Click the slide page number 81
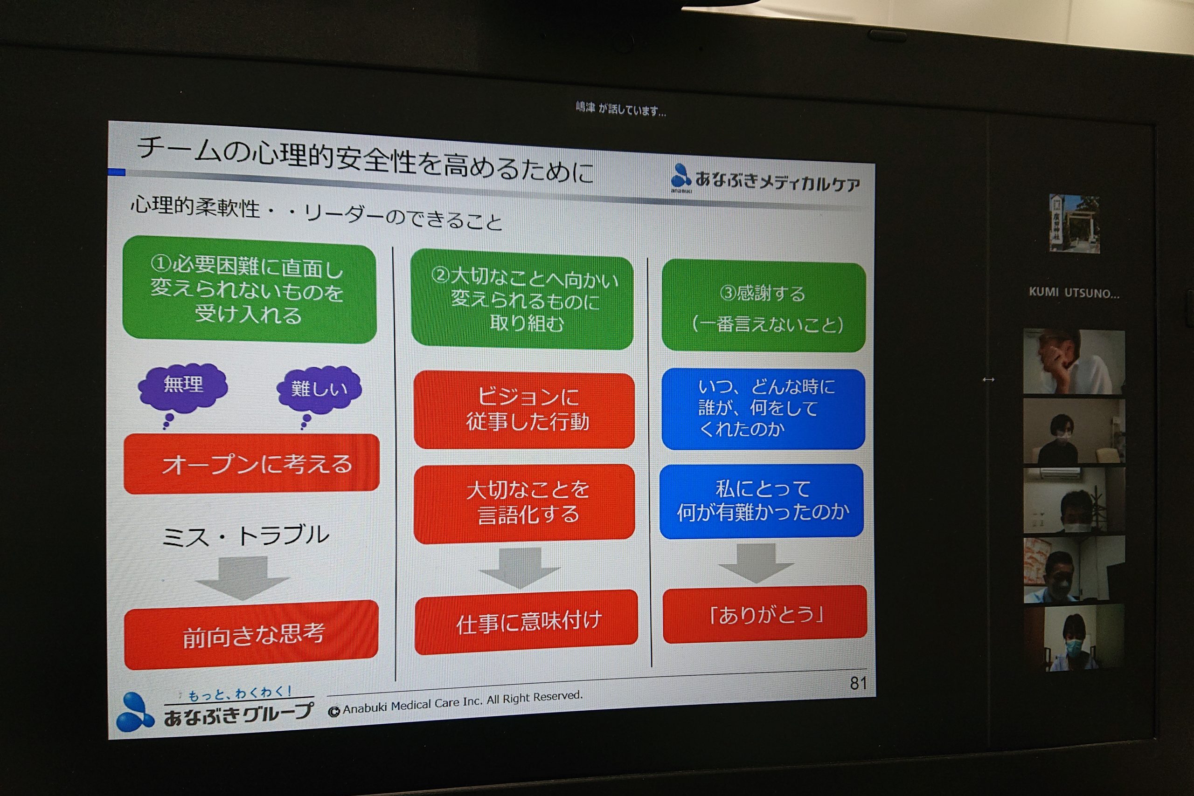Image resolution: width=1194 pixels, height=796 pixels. coord(858,683)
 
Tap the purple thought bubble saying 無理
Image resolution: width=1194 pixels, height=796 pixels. coord(183,387)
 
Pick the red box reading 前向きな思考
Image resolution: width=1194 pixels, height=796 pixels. coord(251,635)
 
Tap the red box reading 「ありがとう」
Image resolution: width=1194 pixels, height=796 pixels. coord(764,614)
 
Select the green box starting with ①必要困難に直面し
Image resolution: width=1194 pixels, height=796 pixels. coord(250,290)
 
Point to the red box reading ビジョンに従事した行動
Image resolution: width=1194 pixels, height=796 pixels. coord(524,410)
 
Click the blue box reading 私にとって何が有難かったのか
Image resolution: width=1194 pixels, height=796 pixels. coord(762,501)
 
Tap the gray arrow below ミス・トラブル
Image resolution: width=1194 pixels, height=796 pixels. coord(243,578)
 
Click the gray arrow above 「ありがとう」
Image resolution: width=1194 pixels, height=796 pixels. coord(756,563)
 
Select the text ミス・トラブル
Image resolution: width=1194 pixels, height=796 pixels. coord(245,535)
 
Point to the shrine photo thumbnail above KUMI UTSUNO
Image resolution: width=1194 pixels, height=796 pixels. coord(1075,224)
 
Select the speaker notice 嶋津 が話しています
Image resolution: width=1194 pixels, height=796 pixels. coord(620,109)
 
